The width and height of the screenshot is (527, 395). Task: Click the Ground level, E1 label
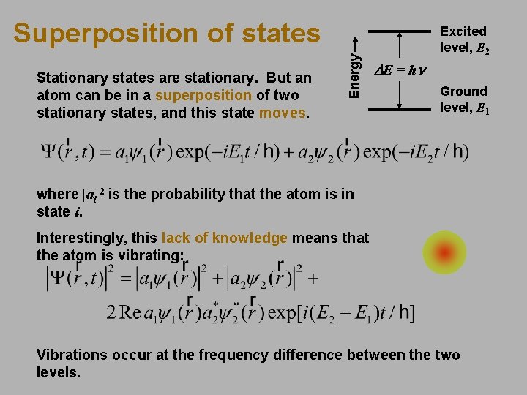(x=463, y=99)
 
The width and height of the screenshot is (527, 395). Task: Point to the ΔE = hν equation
(x=401, y=71)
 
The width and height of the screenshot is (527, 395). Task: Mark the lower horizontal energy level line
(x=399, y=110)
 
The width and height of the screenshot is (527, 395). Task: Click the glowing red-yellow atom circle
(x=444, y=253)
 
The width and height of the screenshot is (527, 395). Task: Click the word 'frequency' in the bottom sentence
(x=244, y=355)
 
